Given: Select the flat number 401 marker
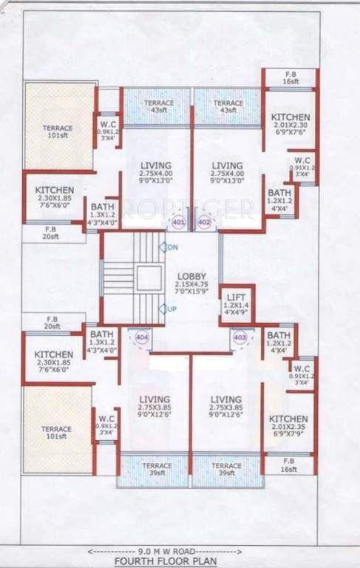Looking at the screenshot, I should pyautogui.click(x=178, y=221).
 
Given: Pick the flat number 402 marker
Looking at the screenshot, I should pyautogui.click(x=204, y=221).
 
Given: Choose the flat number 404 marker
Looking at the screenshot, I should pyautogui.click(x=141, y=337).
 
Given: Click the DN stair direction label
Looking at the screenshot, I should pyautogui.click(x=172, y=247).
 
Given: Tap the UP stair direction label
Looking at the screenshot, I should pyautogui.click(x=172, y=308).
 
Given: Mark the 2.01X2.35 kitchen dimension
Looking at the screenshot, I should pyautogui.click(x=288, y=427).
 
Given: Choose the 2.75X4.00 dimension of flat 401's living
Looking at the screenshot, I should pyautogui.click(x=155, y=174).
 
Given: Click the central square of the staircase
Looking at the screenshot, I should pyautogui.click(x=149, y=278).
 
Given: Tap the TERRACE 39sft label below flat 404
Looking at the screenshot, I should pyautogui.click(x=156, y=469).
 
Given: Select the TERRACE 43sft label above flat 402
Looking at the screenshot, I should pyautogui.click(x=228, y=106).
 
